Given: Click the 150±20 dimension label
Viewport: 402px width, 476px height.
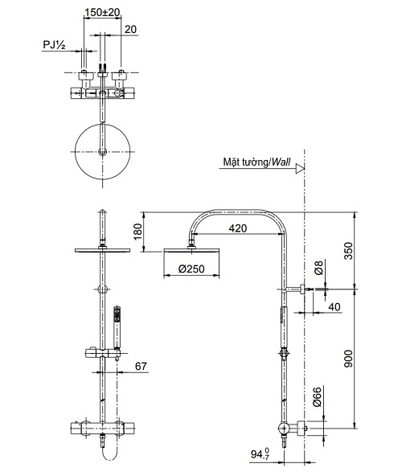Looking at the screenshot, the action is (102, 12).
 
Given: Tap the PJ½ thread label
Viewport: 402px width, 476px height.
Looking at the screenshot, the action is (54, 45).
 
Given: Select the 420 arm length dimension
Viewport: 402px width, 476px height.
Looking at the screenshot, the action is (238, 228).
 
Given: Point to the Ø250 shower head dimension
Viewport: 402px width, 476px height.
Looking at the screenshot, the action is (191, 269).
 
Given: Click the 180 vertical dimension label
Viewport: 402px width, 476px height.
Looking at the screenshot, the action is (137, 232).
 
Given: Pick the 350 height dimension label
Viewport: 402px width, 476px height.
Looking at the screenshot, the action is (349, 250).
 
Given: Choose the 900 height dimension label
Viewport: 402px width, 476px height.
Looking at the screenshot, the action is (348, 359).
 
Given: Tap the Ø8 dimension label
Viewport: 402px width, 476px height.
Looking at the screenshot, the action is (318, 268).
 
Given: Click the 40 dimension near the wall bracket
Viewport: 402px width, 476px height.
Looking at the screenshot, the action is (334, 306).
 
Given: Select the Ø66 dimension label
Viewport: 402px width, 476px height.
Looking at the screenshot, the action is (317, 397).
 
